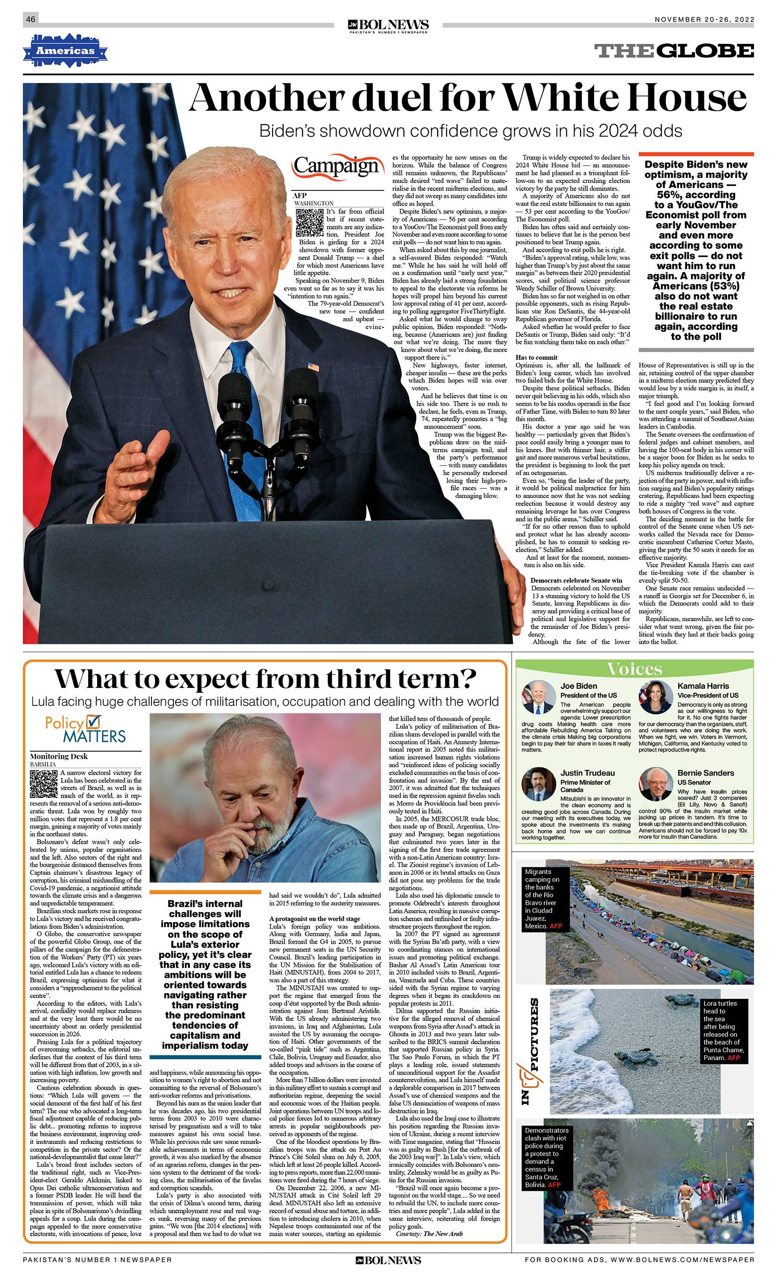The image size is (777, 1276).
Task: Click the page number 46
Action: click(x=30, y=19)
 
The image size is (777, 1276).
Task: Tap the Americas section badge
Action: click(x=65, y=51)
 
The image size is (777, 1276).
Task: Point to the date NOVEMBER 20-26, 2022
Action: click(x=704, y=19)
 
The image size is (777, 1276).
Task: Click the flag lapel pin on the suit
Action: click(x=312, y=367)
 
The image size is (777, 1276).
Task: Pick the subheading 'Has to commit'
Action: click(x=537, y=357)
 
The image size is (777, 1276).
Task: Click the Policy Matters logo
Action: click(x=85, y=729)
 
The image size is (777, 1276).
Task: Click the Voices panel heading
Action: click(x=634, y=668)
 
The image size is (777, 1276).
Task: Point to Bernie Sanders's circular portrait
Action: click(x=655, y=784)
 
